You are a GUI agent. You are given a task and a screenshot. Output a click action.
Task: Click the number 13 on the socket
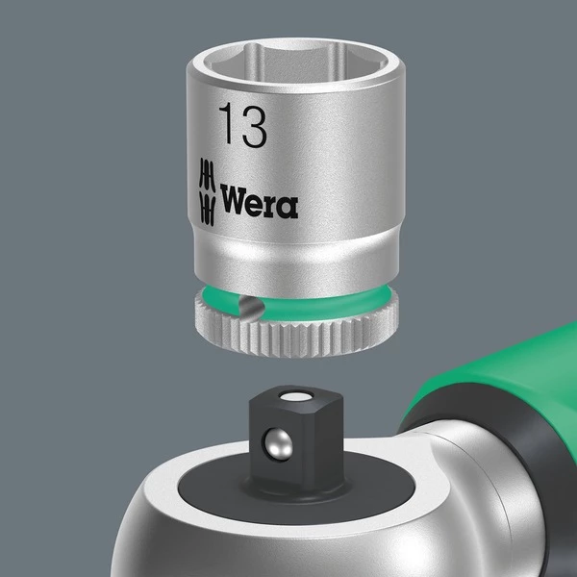click(241, 125)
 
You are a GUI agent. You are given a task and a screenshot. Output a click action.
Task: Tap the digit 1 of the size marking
click(226, 125)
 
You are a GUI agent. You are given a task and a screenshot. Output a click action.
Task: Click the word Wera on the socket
click(259, 203)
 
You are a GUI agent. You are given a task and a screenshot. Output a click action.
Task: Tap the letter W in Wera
click(233, 203)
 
